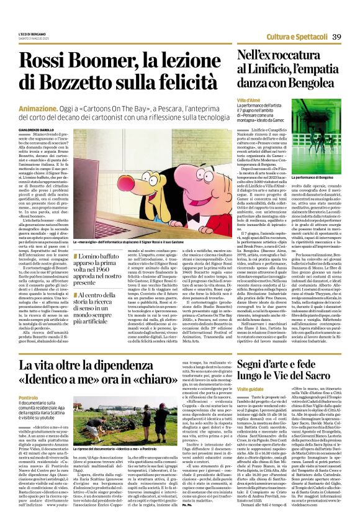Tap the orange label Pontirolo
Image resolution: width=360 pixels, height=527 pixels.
pos(29,396)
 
